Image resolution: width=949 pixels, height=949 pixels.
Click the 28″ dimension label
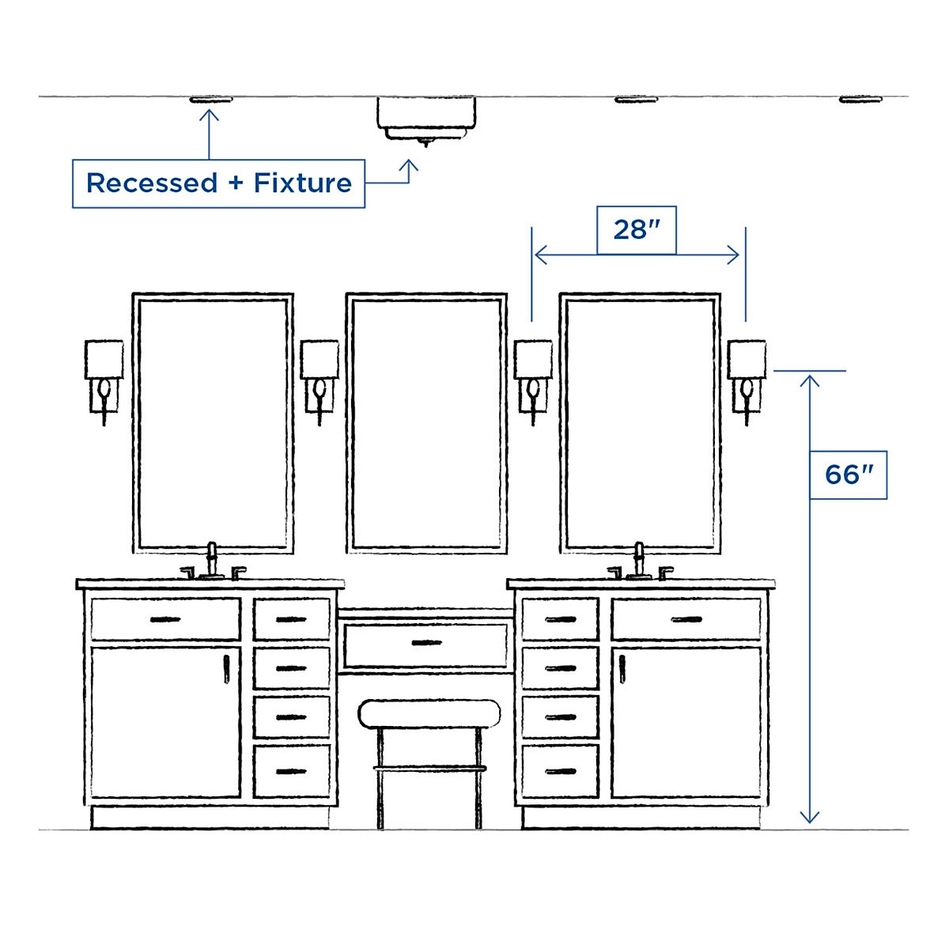[x=636, y=230]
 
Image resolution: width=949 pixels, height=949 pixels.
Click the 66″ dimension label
[x=849, y=475]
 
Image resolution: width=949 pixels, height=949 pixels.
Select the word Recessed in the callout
[x=152, y=183]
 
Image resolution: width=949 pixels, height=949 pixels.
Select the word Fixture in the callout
[x=303, y=183]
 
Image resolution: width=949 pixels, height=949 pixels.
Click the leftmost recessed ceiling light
[x=210, y=100]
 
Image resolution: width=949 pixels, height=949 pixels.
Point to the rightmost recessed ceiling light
[x=860, y=100]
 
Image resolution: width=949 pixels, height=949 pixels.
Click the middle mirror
[x=426, y=422]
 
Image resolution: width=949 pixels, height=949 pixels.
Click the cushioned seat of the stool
[x=429, y=714]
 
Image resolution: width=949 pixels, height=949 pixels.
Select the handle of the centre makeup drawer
[x=426, y=643]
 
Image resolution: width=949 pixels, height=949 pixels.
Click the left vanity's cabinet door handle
[x=226, y=669]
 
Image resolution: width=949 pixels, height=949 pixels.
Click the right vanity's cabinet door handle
[x=622, y=669]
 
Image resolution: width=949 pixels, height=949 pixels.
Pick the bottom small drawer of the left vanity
[x=292, y=771]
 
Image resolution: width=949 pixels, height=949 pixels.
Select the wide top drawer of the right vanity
[x=686, y=619]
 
